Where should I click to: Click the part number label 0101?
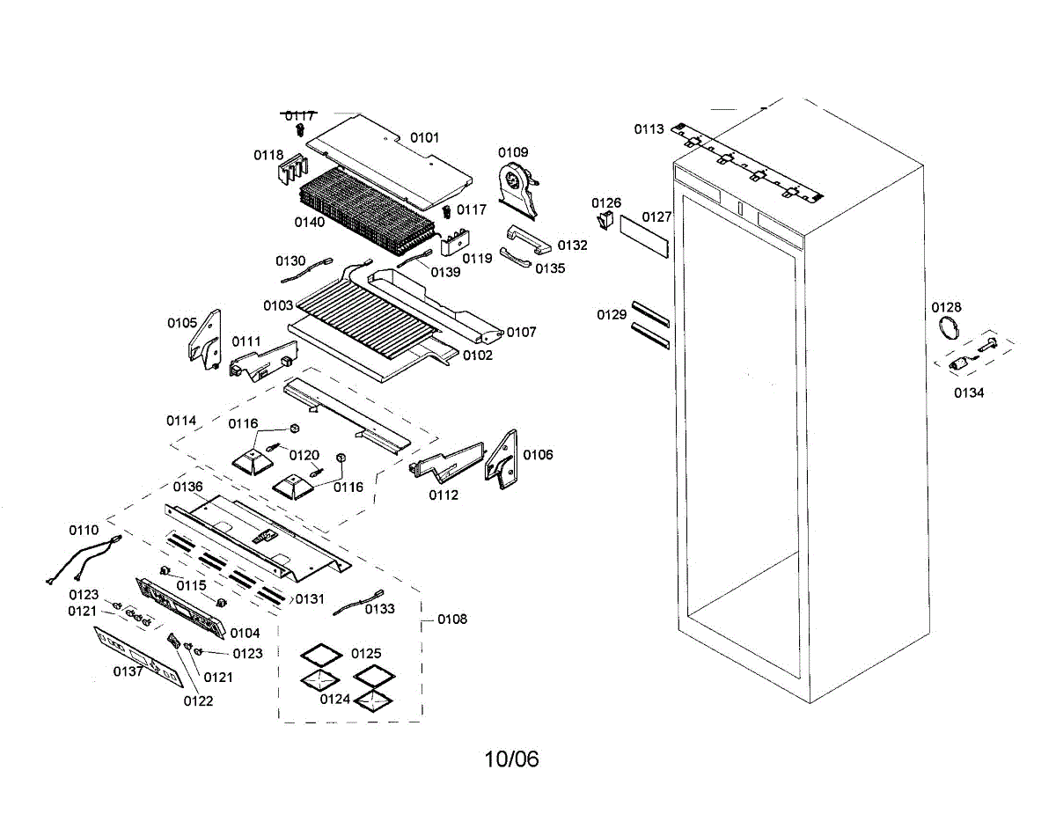pos(424,138)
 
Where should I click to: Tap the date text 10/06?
pos(511,759)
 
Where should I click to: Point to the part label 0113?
pos(649,129)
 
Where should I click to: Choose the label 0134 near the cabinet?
pos(969,393)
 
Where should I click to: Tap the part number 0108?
pos(452,620)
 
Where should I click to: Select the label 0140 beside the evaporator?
pos(310,222)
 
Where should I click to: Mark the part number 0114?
pos(181,421)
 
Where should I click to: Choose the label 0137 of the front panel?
pos(128,671)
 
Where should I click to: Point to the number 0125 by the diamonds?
pos(366,654)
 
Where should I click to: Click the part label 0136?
pos(187,487)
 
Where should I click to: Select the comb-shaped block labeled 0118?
pos(290,170)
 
